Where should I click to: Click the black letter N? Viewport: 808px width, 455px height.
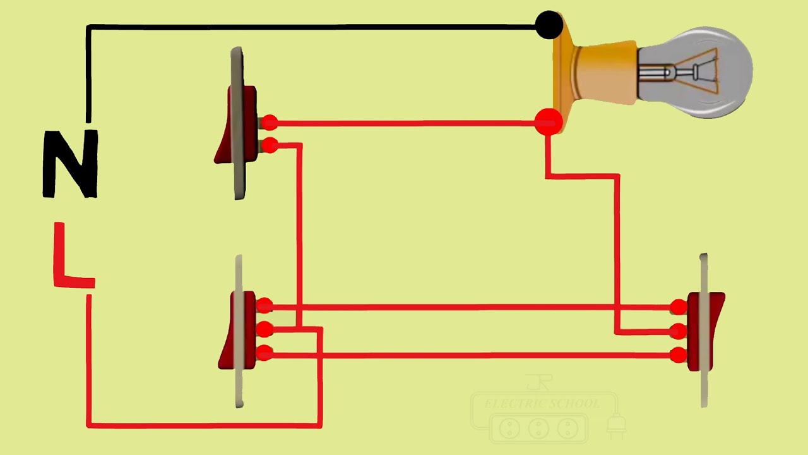tap(70, 164)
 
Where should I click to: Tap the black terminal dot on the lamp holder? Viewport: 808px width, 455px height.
tap(549, 26)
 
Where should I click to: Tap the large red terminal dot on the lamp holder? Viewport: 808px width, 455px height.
tap(547, 122)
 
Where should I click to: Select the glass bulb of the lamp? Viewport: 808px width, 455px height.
tap(701, 72)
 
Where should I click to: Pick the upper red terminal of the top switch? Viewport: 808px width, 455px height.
tap(269, 123)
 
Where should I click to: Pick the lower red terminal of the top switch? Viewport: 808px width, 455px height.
tap(269, 146)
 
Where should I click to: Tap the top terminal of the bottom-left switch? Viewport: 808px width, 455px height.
tap(264, 306)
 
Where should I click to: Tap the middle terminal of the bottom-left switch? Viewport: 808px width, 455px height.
tap(264, 329)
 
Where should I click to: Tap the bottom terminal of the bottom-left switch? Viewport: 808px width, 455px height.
tap(264, 353)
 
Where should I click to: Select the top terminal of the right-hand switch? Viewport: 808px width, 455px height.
tap(679, 308)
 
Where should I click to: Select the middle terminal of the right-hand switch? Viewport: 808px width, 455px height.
tap(679, 331)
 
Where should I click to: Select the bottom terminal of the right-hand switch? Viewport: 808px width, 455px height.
tap(679, 355)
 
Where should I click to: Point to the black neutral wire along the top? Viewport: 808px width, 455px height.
tap(316, 27)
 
